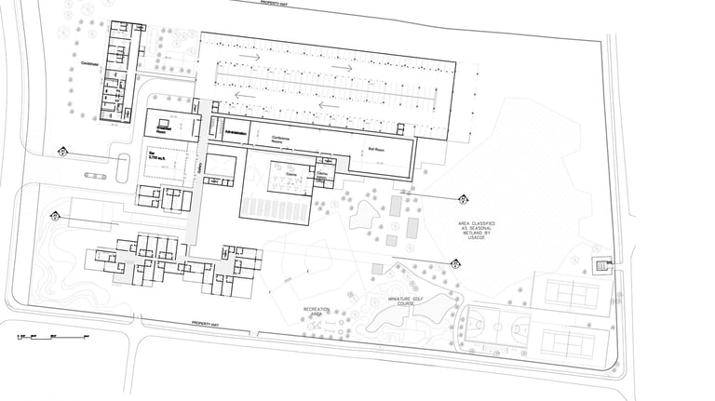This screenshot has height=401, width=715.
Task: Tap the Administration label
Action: [x=235, y=133]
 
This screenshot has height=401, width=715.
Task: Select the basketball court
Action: [x=485, y=327]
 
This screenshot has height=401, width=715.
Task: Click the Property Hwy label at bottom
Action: [x=204, y=323]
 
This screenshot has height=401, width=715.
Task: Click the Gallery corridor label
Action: [x=200, y=167]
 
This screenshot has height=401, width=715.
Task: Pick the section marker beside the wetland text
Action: [x=463, y=199]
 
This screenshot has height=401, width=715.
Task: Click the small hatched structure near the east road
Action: [x=601, y=265]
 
